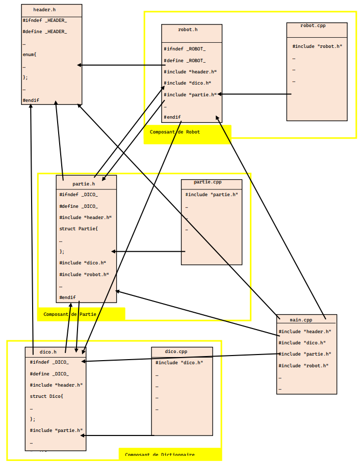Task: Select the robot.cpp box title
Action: pyautogui.click(x=313, y=25)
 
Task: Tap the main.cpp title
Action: pyautogui.click(x=301, y=320)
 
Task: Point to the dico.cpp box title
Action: pyautogui.click(x=176, y=351)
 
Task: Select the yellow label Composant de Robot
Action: pyautogui.click(x=175, y=132)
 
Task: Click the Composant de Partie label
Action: pyautogui.click(x=70, y=314)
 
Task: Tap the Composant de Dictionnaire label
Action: pyautogui.click(x=160, y=454)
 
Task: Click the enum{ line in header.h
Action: pyautogui.click(x=30, y=55)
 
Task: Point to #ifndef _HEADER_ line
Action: pyautogui.click(x=44, y=20)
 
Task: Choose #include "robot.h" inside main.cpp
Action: pyautogui.click(x=303, y=365)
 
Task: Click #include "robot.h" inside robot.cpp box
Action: pyautogui.click(x=317, y=46)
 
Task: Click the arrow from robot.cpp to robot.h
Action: pyautogui.click(x=255, y=94)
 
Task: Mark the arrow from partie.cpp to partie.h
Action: pyautogui.click(x=148, y=251)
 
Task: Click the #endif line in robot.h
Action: pyautogui.click(x=172, y=117)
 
